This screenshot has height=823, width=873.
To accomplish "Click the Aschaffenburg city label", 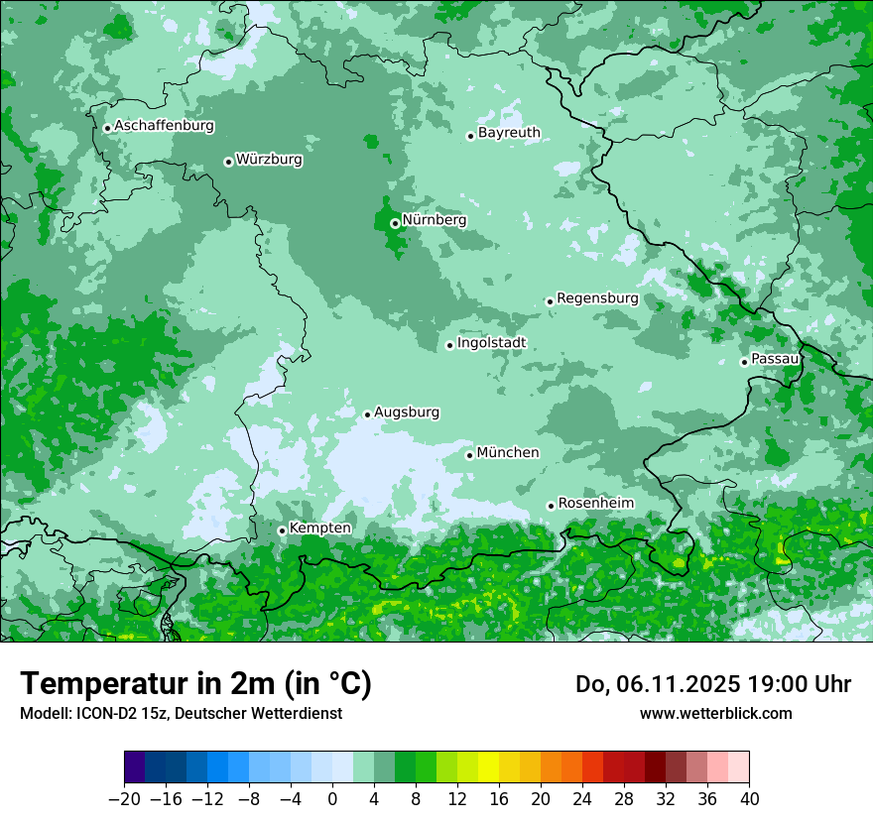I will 164,126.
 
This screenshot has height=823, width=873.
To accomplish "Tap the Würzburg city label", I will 269,160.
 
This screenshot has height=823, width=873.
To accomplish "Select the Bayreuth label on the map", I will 509,133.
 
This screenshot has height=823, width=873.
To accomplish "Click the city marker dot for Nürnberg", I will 395,223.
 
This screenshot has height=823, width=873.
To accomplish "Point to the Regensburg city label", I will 597,298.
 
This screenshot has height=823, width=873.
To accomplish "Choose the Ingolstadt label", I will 491,343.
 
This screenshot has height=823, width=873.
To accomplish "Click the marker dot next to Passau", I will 744,362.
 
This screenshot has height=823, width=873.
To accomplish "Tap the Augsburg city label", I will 407,412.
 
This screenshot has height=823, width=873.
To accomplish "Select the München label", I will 508,453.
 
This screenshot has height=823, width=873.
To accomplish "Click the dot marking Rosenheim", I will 551,506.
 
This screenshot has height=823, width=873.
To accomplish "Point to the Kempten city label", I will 319,529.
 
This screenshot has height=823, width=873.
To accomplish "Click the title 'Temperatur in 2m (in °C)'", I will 196,683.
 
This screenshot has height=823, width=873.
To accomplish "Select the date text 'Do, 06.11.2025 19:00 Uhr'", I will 713,684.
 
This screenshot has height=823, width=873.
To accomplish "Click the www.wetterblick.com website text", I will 716,713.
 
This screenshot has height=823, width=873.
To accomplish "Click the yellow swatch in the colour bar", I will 488,767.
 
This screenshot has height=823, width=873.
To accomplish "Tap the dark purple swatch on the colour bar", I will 135,767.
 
